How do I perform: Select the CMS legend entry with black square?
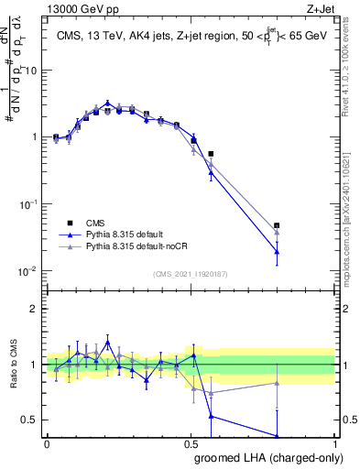pos(96,223)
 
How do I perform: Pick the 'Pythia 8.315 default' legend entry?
pos(119,234)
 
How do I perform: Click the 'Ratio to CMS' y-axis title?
pos(13,365)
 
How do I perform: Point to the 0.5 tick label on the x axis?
pos(191,443)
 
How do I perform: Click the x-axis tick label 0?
pos(47,443)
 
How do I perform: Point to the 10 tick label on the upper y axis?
pos(32,70)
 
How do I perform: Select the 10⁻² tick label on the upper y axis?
pos(30,271)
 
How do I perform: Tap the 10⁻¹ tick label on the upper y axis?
pos(30,204)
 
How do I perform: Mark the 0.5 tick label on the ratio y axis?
pos(32,420)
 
